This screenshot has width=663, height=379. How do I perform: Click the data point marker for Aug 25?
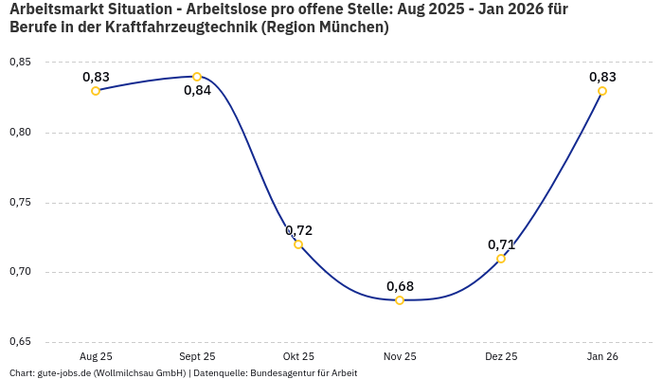pos(96,91)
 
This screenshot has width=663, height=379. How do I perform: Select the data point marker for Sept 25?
pos(197,77)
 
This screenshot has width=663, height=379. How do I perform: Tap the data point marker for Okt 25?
pos(298,244)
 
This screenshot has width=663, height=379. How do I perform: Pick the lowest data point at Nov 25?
pos(400,300)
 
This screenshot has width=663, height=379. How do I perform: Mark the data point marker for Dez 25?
pos(501,259)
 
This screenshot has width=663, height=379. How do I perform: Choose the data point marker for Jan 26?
pos(602,91)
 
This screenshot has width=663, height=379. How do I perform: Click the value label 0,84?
pos(197,91)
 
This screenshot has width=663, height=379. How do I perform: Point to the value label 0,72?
pos(298,230)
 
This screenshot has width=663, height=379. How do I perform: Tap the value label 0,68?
pos(400,286)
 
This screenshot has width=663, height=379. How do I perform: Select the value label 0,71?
pos(501,244)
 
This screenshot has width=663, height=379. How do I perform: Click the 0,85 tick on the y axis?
pos(20,63)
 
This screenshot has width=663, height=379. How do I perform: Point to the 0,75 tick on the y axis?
pos(20,203)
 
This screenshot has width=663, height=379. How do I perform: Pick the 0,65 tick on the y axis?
pos(20,342)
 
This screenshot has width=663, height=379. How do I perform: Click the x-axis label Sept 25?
pos(197,356)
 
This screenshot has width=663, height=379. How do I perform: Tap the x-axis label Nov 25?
pos(400,356)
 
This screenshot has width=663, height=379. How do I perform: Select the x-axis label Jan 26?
pos(602,356)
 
